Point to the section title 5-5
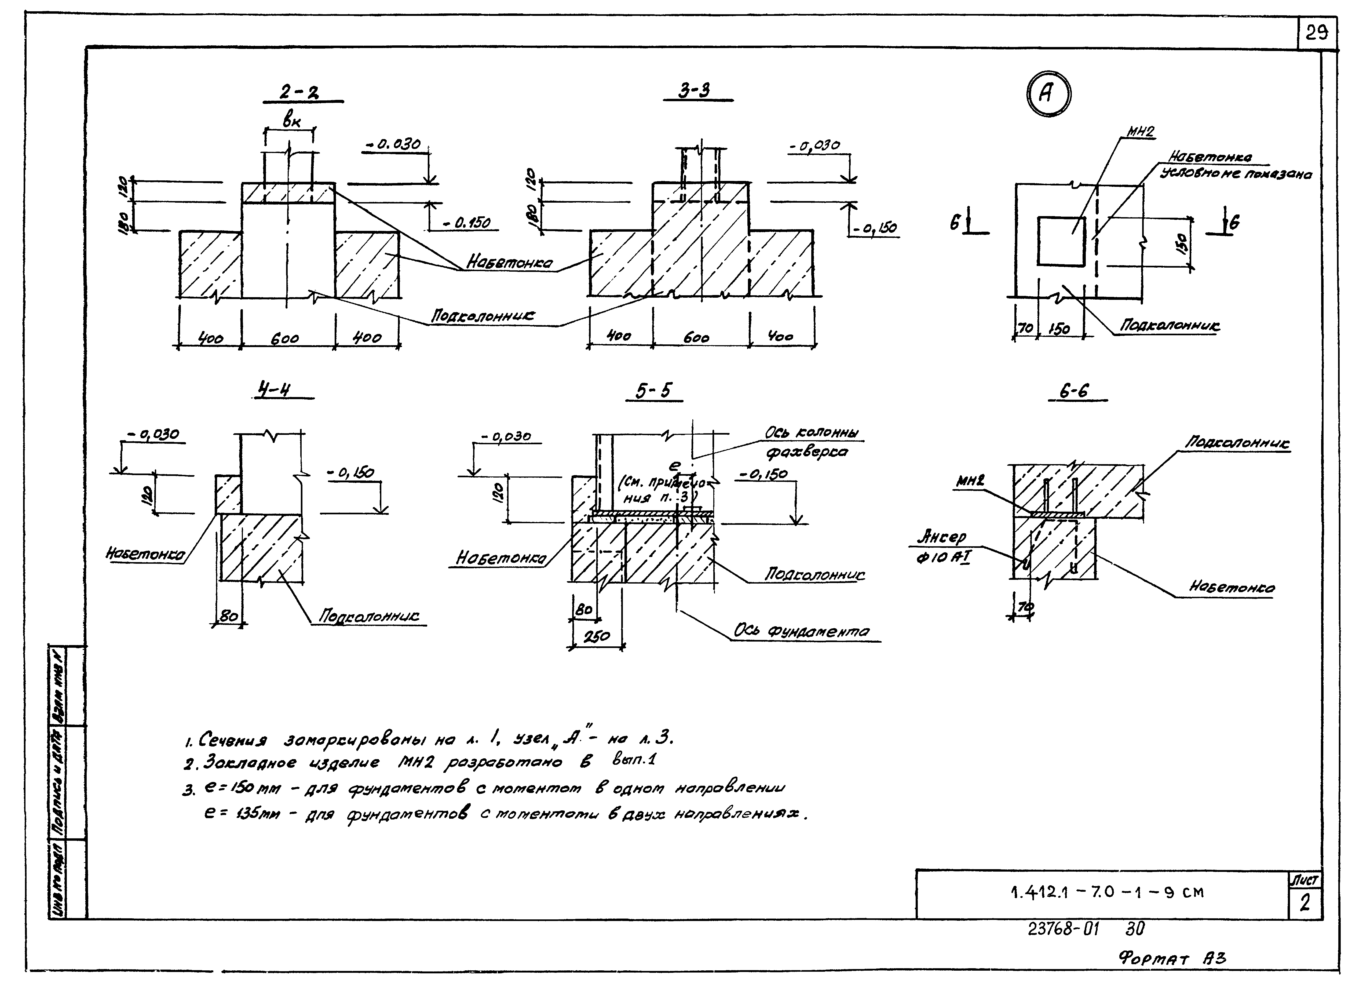point(654,391)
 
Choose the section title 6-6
point(1074,391)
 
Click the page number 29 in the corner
point(1316,32)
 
